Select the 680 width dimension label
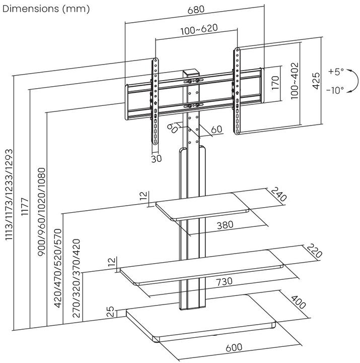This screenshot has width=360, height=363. tap(195, 10)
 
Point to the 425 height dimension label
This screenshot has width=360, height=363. tap(316, 81)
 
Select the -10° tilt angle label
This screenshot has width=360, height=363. tap(335, 90)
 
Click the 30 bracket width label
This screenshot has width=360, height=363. tap(156, 158)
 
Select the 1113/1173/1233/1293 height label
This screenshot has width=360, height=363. tap(8, 202)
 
